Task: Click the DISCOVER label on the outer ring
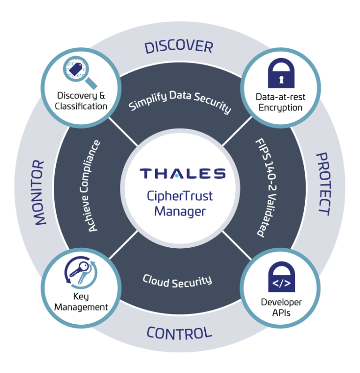179,47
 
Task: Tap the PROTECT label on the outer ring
323,184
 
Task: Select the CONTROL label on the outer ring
180,333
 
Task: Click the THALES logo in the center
182,174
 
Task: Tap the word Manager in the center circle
180,212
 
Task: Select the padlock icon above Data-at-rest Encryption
281,73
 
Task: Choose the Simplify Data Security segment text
180,100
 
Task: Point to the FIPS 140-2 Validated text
267,187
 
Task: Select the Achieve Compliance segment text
90,185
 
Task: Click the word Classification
81,107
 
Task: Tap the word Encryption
280,108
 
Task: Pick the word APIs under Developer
281,313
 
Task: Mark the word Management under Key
81,308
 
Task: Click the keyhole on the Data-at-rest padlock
281,79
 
